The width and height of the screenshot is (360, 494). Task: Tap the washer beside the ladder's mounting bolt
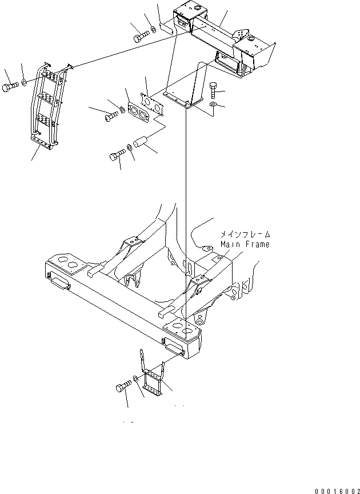click(x=25, y=84)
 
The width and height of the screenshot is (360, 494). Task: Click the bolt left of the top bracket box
click(x=141, y=38)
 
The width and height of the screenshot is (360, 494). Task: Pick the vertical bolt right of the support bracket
click(x=213, y=89)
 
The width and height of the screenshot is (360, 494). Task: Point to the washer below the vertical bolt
click(x=213, y=106)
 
